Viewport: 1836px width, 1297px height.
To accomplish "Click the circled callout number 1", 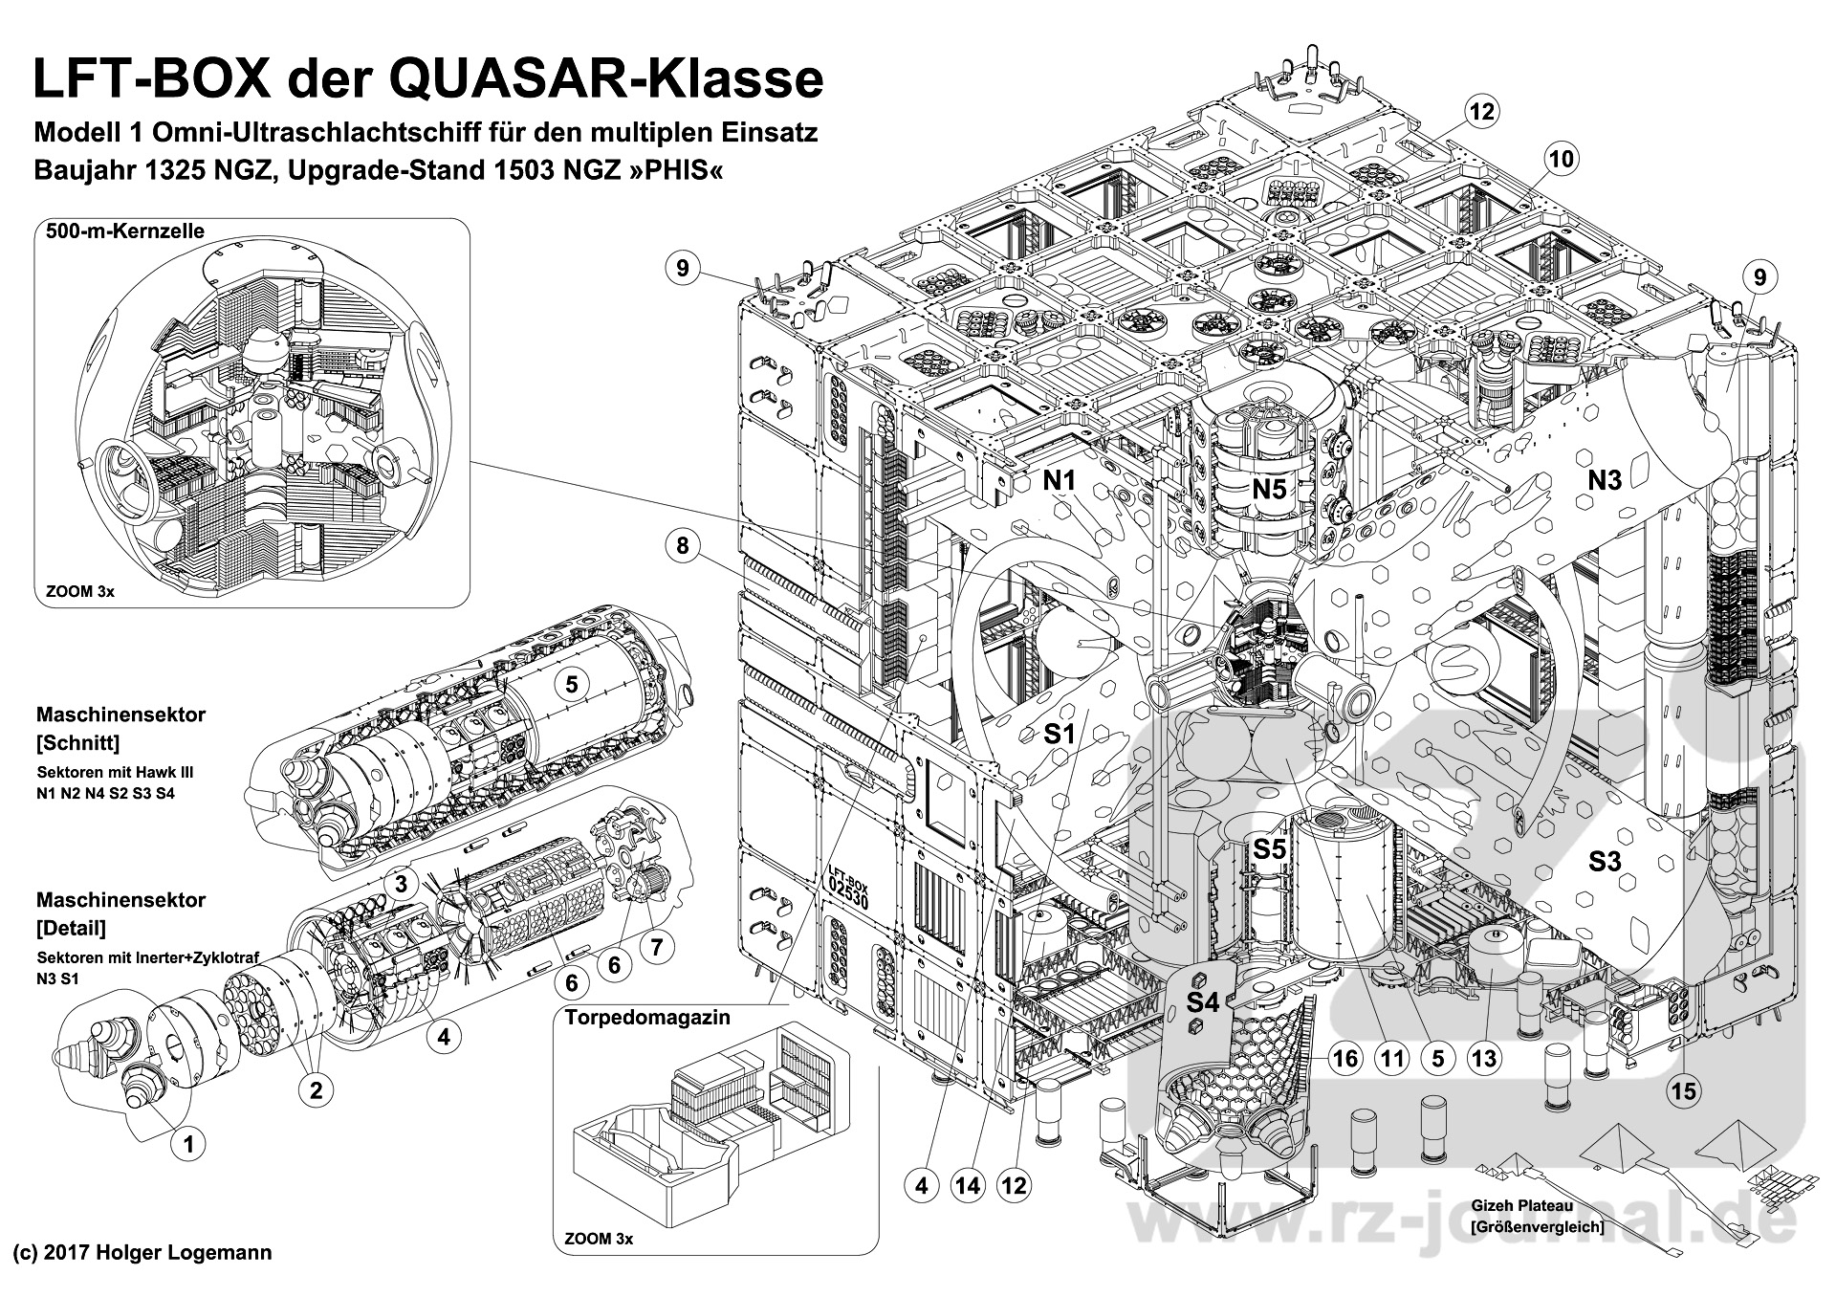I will (188, 1144).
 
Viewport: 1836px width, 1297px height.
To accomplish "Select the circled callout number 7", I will (656, 947).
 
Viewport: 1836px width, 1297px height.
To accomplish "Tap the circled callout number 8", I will (682, 546).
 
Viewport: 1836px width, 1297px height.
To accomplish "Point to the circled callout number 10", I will (1561, 158).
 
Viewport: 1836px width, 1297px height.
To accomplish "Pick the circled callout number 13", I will (1484, 1058).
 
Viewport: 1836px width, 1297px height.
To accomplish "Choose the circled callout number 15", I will (1684, 1090).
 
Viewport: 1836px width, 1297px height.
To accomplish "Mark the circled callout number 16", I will (1344, 1058).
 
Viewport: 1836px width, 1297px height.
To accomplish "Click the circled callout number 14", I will (968, 1186).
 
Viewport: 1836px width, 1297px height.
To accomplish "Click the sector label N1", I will (1060, 481).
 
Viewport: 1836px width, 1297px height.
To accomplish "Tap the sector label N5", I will (1270, 490).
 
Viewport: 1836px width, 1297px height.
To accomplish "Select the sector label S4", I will (1203, 1002).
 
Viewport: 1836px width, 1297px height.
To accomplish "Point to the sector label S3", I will (1605, 862).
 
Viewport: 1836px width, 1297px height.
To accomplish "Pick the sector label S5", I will (1270, 848).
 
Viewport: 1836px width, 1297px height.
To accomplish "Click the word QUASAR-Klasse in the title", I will (605, 80).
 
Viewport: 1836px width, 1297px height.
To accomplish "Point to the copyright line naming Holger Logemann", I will (142, 1253).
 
